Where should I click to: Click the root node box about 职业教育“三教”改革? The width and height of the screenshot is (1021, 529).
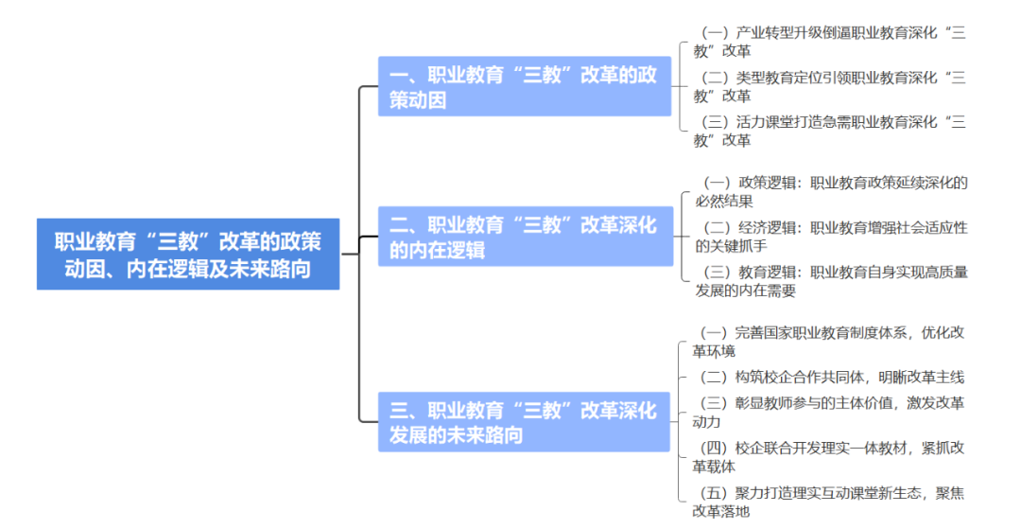pos(188,254)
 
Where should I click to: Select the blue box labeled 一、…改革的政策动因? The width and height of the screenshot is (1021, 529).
pos(525,87)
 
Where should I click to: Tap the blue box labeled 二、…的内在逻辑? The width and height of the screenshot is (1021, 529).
pos(525,237)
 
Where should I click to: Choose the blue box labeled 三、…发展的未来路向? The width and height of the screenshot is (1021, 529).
pos(525,422)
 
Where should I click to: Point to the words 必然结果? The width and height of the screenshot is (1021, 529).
pos(724,201)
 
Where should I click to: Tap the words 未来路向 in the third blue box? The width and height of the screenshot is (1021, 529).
pos(482,435)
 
